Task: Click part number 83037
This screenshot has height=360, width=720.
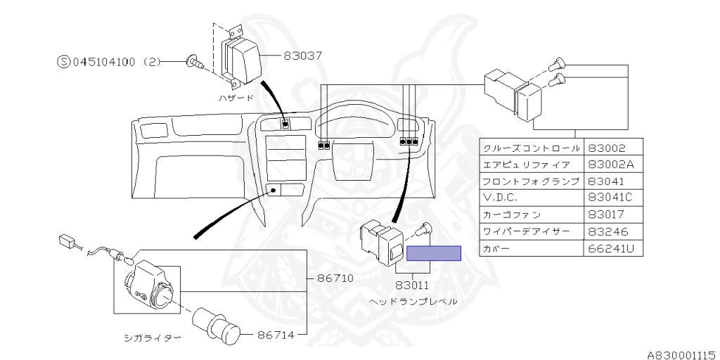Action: point(302,56)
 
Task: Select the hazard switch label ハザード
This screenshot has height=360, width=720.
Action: point(235,98)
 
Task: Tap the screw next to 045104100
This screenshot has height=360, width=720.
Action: point(195,62)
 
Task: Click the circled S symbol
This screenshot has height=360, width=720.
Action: point(64,62)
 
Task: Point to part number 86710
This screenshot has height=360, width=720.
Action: point(334,278)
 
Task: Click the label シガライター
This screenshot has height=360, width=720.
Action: point(153,339)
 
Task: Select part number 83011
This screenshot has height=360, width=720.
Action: point(412,285)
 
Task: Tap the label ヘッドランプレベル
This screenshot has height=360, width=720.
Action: point(413,302)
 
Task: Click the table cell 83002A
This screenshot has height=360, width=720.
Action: point(613,164)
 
